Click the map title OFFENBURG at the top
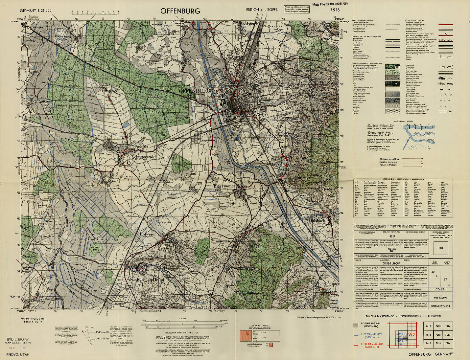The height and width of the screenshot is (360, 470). [180, 11]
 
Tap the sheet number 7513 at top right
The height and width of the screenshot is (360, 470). [335, 10]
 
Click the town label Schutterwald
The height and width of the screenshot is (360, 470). [144, 157]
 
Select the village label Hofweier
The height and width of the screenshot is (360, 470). [148, 234]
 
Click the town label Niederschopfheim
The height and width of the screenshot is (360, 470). [147, 279]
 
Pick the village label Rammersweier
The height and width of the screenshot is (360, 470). [308, 71]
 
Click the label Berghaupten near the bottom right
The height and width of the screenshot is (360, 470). [328, 284]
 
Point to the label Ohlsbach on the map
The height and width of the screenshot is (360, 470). [317, 221]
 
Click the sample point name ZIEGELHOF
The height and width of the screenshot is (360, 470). [391, 263]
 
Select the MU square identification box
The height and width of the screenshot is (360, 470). [440, 248]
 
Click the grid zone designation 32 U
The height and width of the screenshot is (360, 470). [392, 236]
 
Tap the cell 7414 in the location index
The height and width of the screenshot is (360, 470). [448, 326]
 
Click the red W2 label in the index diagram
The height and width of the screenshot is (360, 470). [411, 335]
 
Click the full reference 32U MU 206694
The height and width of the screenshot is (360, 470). [440, 306]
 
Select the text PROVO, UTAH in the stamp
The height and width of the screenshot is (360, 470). [18, 354]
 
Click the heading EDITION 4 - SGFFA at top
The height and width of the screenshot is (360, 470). [262, 10]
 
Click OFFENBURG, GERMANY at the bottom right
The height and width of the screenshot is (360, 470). [431, 354]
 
